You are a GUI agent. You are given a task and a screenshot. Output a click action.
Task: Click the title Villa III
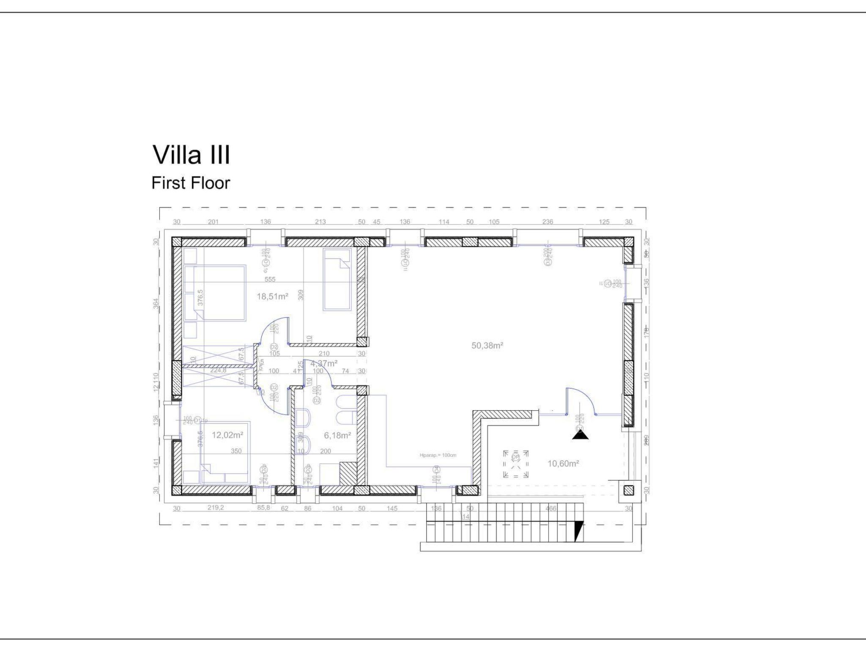click(x=191, y=155)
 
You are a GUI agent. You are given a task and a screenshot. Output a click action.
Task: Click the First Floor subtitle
click(x=191, y=183)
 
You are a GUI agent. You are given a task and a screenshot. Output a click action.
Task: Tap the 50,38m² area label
click(x=487, y=346)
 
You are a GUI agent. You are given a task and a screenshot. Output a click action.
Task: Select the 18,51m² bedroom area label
click(x=272, y=297)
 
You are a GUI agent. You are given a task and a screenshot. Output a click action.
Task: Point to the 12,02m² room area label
click(x=227, y=435)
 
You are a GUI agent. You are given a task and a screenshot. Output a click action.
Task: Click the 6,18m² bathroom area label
click(x=337, y=435)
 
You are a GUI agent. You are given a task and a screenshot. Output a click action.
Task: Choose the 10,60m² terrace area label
click(x=563, y=464)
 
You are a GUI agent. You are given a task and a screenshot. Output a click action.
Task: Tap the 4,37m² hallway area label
click(x=324, y=363)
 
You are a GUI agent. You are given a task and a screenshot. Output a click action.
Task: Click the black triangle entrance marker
click(x=580, y=434)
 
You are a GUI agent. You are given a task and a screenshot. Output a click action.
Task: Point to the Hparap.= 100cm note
click(x=438, y=455)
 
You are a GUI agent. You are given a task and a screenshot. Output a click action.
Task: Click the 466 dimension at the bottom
click(x=551, y=508)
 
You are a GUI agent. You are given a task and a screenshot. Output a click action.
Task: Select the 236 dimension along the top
click(x=548, y=222)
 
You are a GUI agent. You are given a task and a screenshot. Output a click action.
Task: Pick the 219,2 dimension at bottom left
click(x=216, y=508)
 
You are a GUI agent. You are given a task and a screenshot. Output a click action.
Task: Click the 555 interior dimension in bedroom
click(x=270, y=279)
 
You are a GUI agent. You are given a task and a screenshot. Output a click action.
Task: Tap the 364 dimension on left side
click(x=156, y=303)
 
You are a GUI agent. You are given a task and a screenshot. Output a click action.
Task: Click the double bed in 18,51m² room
click(x=219, y=292)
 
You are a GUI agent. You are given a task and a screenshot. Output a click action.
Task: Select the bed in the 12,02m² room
click(x=225, y=452)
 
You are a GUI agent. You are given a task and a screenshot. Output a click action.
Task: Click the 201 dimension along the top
click(x=213, y=222)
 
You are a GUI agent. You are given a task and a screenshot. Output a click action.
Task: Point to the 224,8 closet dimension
click(x=218, y=371)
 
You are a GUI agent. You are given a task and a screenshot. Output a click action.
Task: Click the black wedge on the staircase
click(x=578, y=531)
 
